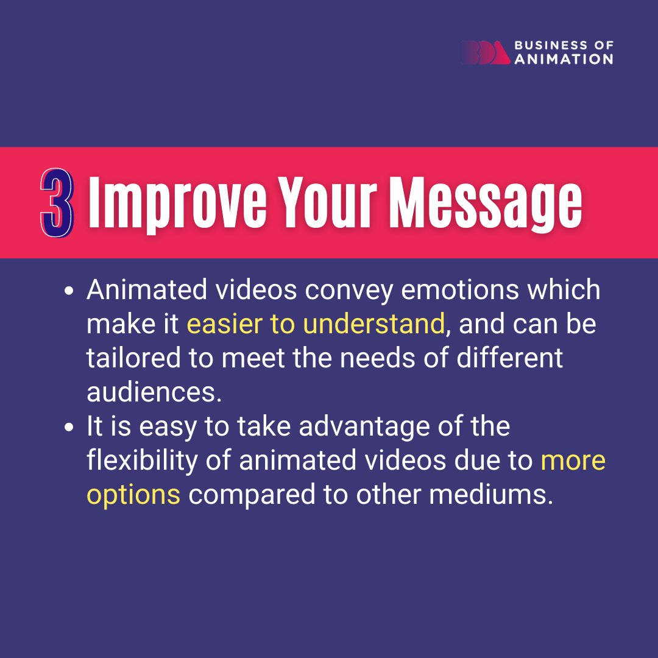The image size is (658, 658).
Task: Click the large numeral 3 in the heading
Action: click(x=57, y=202)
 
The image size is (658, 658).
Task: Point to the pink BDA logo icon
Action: click(x=485, y=53)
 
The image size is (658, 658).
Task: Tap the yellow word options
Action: click(x=133, y=495)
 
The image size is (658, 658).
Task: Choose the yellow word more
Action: click(x=573, y=461)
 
